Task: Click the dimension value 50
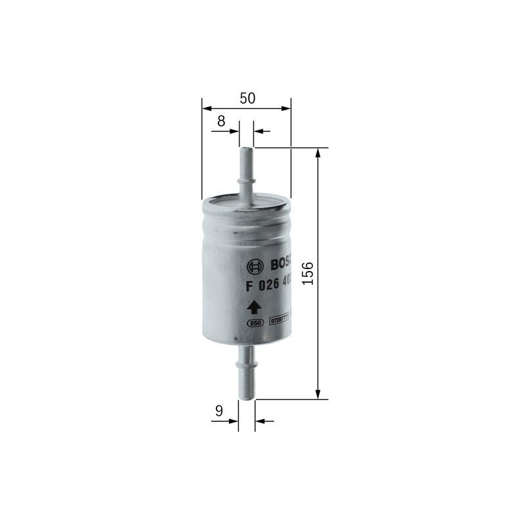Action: point(247,98)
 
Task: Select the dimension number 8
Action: point(220,121)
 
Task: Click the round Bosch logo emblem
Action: point(255,266)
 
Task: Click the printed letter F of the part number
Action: point(249,286)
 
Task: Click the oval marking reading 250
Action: point(253,322)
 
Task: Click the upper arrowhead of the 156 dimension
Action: point(318,152)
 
